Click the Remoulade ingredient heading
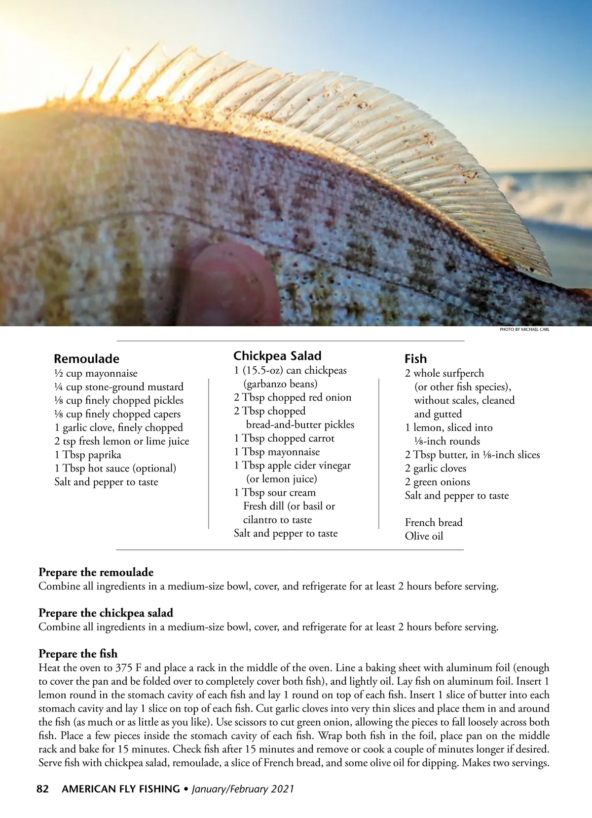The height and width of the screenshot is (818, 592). click(x=86, y=359)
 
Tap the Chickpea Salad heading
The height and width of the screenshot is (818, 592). click(x=277, y=356)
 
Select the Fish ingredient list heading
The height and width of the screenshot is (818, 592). click(x=415, y=359)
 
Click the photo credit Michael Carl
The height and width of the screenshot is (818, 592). click(x=524, y=329)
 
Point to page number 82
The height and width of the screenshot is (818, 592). click(x=43, y=789)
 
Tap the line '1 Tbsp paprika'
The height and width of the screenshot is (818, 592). click(x=88, y=455)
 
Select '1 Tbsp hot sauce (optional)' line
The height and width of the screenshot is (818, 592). click(x=115, y=468)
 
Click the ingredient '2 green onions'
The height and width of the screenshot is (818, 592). click(x=437, y=482)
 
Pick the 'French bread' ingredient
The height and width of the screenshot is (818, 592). click(x=434, y=522)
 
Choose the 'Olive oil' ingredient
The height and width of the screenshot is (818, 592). click(x=424, y=536)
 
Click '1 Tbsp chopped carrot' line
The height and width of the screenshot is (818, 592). click(x=284, y=438)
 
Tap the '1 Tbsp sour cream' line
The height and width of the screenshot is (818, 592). click(x=275, y=493)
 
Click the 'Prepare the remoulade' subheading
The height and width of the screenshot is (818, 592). click(x=96, y=572)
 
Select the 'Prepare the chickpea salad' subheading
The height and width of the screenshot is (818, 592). click(x=106, y=613)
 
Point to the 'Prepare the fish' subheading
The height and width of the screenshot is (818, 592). click(x=78, y=654)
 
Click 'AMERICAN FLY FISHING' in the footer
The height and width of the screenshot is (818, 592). click(x=120, y=789)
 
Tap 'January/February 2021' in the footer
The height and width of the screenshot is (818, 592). click(x=243, y=789)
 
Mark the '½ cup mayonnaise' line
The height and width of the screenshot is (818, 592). click(x=96, y=374)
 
